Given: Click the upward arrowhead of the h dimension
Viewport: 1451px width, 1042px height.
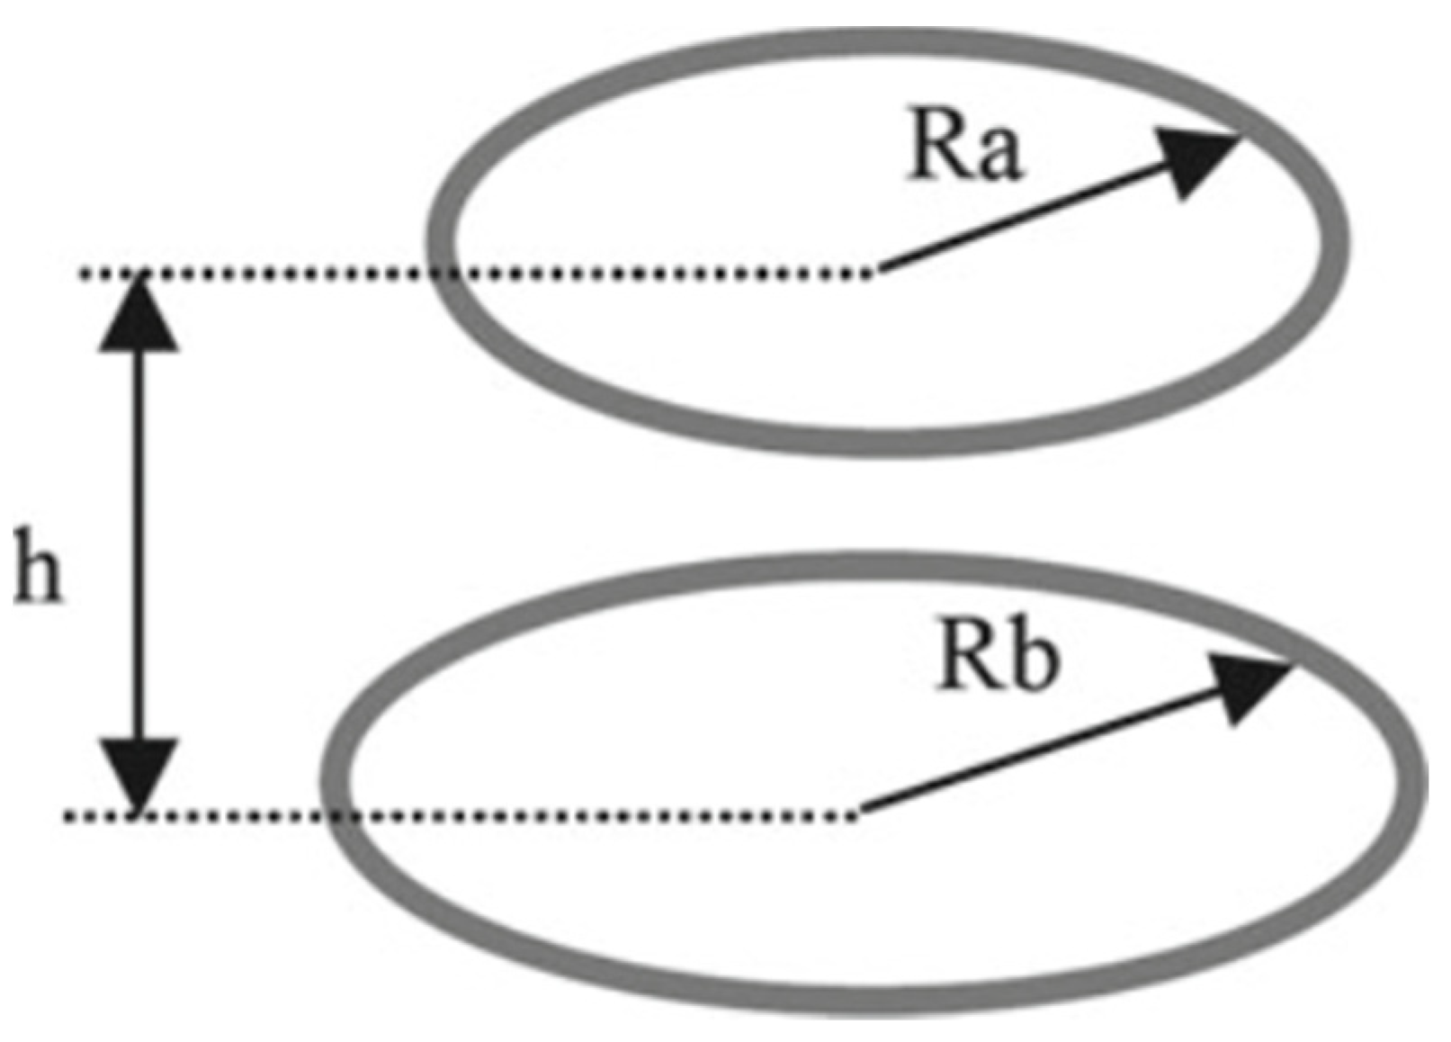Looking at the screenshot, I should [x=138, y=315].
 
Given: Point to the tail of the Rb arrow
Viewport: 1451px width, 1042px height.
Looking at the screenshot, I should [x=864, y=812].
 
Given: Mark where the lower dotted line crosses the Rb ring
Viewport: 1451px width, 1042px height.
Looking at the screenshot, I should [x=338, y=816].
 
